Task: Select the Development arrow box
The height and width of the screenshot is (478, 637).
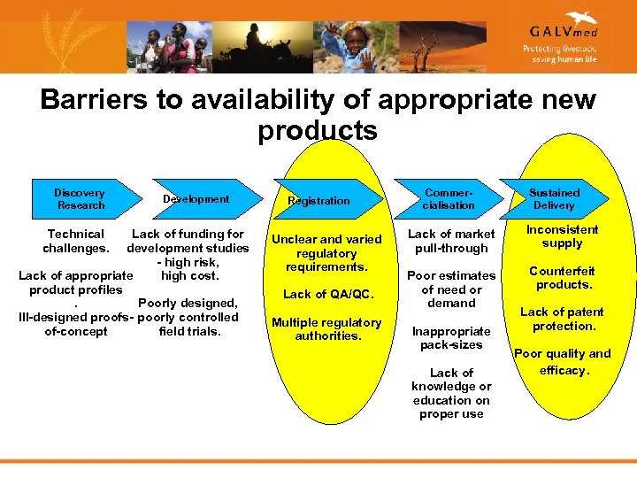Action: click(x=196, y=199)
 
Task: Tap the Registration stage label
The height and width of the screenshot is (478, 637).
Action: click(x=318, y=201)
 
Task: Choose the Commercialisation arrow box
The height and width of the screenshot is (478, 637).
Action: click(x=449, y=199)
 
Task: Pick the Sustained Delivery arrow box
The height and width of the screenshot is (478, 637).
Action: click(x=554, y=199)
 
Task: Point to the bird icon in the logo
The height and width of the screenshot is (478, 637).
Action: click(x=581, y=18)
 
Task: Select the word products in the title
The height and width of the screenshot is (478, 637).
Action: click(x=318, y=130)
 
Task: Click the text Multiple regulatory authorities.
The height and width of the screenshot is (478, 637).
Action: click(x=326, y=328)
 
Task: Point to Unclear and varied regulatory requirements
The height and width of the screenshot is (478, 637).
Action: click(x=326, y=253)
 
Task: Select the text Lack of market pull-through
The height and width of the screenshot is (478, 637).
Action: click(x=451, y=241)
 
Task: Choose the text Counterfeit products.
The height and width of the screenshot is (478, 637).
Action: click(x=562, y=278)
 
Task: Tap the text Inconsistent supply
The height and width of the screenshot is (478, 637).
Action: click(x=562, y=235)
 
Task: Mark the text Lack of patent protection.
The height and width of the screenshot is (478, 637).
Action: click(x=562, y=319)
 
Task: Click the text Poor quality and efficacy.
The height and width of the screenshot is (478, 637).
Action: click(x=562, y=361)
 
